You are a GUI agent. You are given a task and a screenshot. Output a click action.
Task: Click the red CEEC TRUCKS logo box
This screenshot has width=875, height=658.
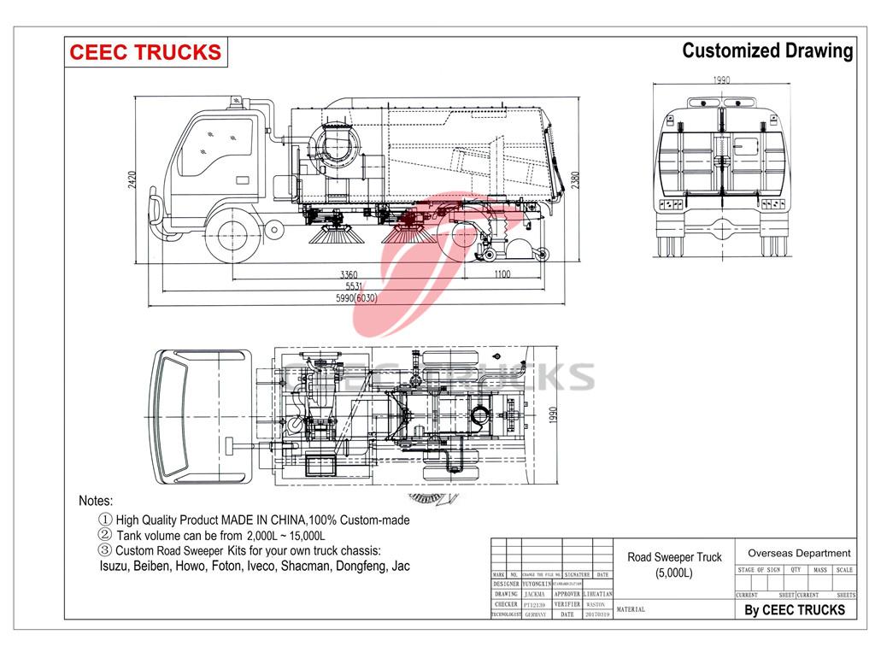pos(145,51)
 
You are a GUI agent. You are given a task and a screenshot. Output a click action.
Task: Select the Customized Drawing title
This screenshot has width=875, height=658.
pos(766,51)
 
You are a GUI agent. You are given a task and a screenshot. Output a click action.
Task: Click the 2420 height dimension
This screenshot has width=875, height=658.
pos(132,181)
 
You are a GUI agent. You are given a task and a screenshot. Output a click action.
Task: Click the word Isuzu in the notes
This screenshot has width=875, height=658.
pos(115,566)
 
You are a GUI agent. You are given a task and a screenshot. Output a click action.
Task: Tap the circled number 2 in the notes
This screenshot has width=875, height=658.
pos(106,535)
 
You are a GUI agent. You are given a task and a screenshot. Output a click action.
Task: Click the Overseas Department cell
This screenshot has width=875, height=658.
pos(799,553)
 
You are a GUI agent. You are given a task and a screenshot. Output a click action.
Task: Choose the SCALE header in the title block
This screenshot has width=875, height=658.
pos(844,570)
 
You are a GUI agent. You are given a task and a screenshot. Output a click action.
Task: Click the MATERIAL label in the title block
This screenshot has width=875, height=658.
pos(630,610)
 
